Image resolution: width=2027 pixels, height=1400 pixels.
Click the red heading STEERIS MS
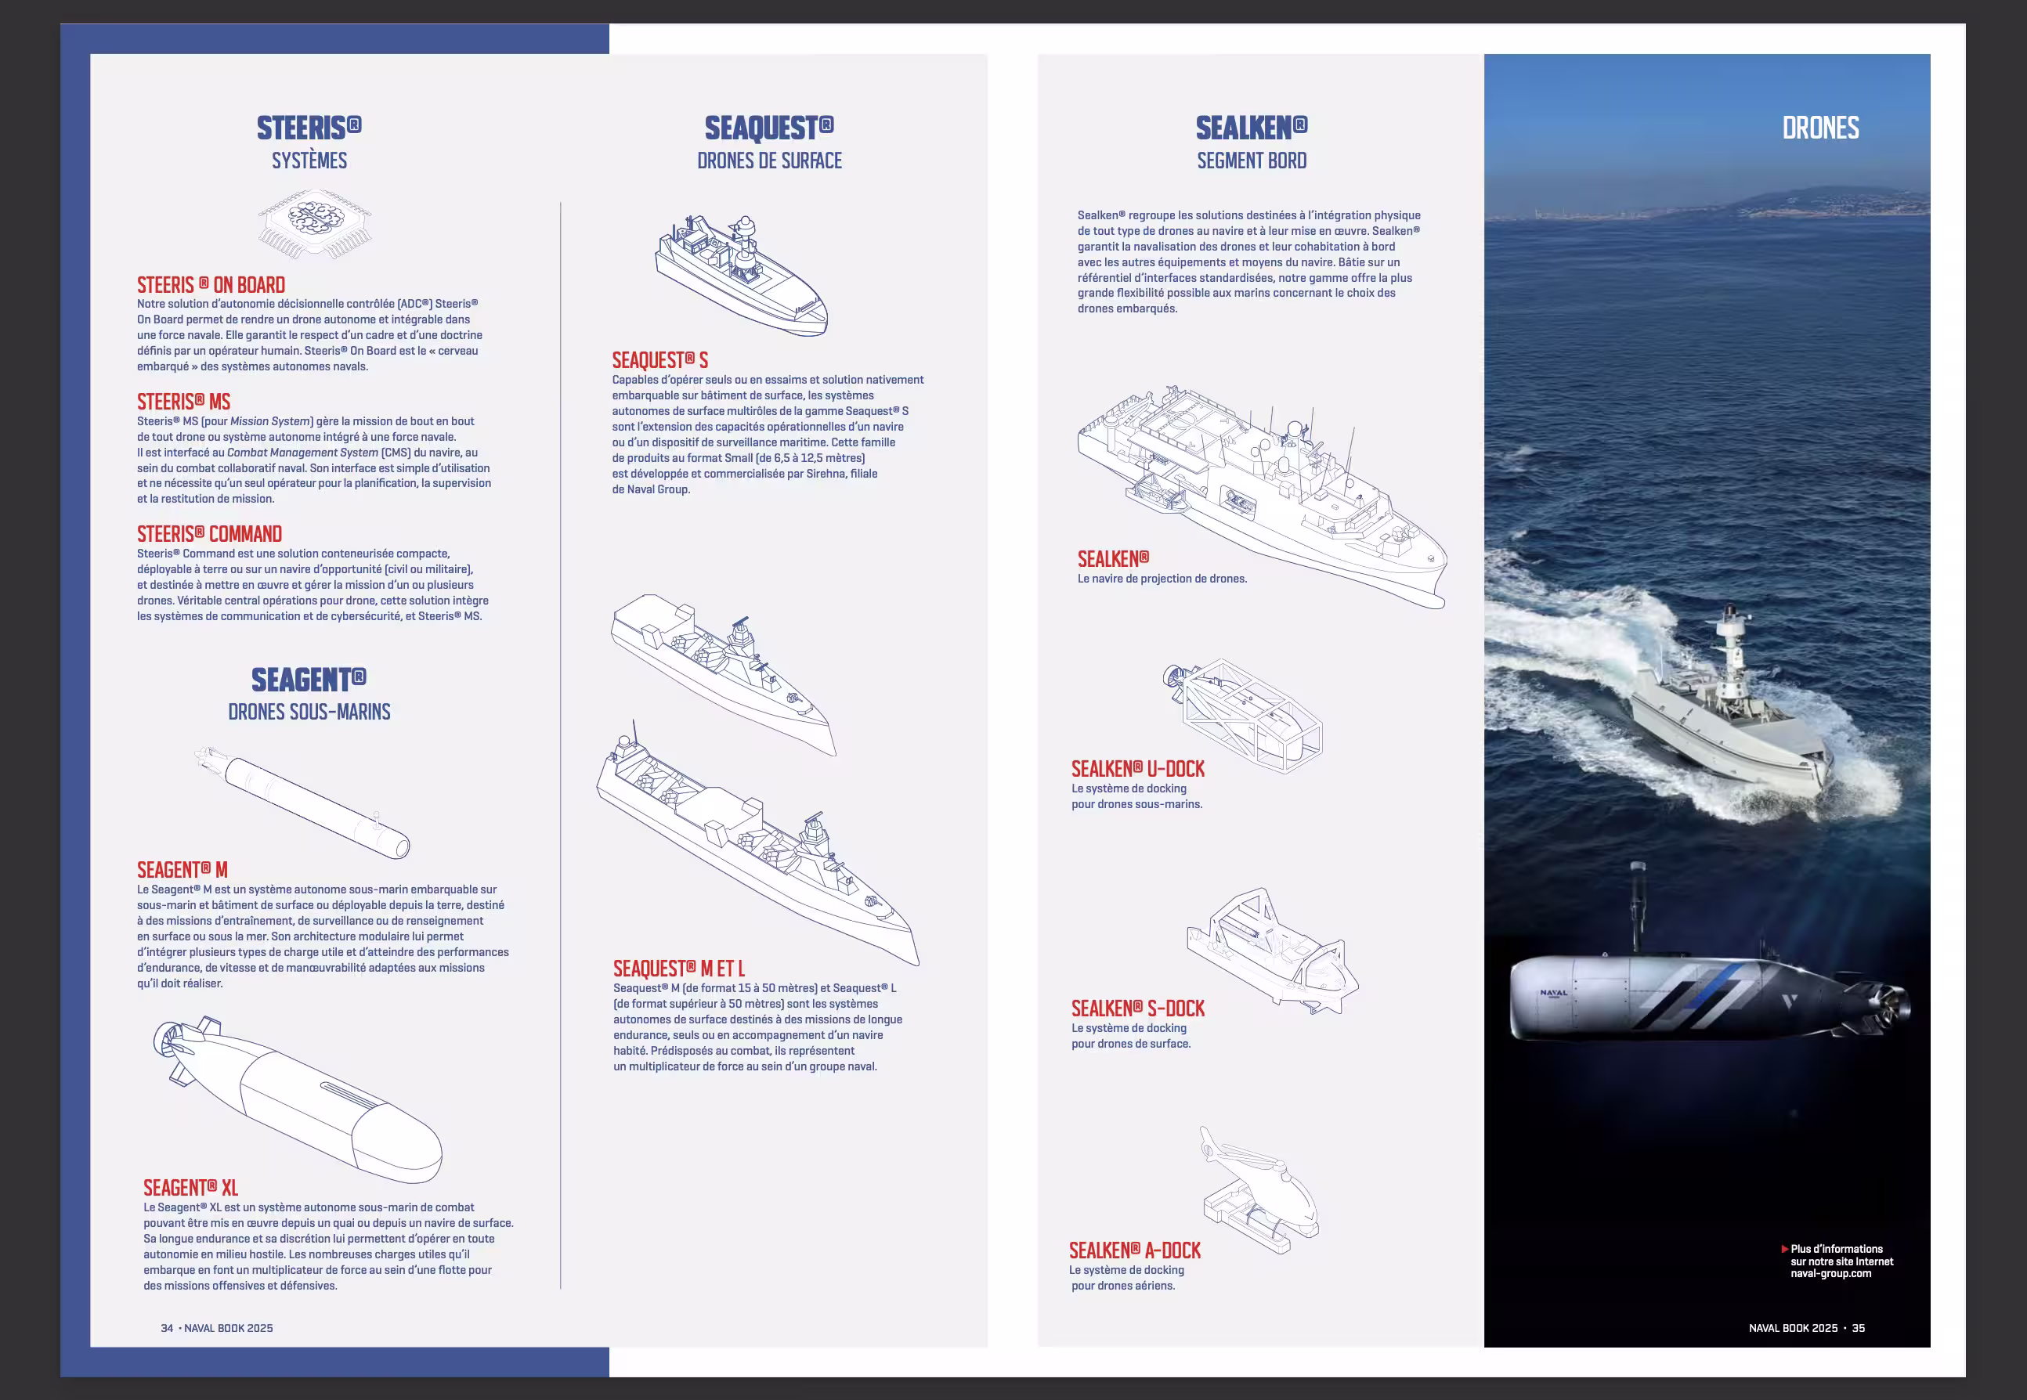point(183,402)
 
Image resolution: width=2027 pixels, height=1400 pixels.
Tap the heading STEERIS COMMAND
point(210,534)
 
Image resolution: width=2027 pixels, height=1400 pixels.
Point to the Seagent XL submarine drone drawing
point(298,1099)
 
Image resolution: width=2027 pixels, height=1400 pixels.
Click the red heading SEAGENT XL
point(190,1188)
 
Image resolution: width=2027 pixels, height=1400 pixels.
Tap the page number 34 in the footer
point(167,1328)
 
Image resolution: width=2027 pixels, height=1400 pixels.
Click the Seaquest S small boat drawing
point(742,276)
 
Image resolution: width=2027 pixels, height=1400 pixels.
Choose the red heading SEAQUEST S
point(660,360)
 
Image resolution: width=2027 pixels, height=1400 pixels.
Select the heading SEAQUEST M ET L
point(679,969)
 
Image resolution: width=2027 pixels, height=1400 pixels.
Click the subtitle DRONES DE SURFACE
point(770,161)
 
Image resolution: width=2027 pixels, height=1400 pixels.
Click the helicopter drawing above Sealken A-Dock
point(1260,1190)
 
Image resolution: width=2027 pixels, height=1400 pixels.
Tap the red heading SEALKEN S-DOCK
point(1138,1009)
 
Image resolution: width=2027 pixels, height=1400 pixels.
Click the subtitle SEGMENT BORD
point(1252,161)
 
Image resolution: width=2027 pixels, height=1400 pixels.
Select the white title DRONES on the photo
point(1820,128)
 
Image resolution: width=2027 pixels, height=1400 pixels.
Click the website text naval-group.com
point(1830,1274)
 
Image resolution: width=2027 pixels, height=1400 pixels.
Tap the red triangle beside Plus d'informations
point(1785,1249)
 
